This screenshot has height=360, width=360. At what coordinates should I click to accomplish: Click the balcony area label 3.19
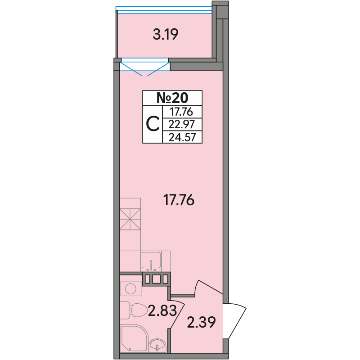coord(166,35)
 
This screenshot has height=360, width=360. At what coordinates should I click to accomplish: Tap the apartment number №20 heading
coord(172,98)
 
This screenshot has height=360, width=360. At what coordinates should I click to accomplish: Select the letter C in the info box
coord(153,124)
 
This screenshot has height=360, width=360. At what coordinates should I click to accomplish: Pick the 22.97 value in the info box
coord(182,125)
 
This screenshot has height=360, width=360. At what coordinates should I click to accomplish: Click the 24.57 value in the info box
coord(182,138)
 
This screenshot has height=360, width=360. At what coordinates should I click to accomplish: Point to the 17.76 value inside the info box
coord(181,112)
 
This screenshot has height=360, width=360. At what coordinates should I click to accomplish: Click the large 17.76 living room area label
coord(179,200)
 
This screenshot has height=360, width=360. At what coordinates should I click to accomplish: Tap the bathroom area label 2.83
coord(162,310)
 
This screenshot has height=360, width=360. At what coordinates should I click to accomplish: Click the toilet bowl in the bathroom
coord(134,310)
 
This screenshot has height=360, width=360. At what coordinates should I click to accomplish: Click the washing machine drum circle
coord(130,288)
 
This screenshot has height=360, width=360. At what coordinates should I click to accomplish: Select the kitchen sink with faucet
coord(151,261)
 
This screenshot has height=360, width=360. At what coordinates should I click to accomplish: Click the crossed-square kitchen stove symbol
coord(130,219)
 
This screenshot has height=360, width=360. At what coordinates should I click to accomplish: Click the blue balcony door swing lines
coord(144,69)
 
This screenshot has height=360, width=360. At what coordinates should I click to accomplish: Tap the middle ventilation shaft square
coord(156,279)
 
